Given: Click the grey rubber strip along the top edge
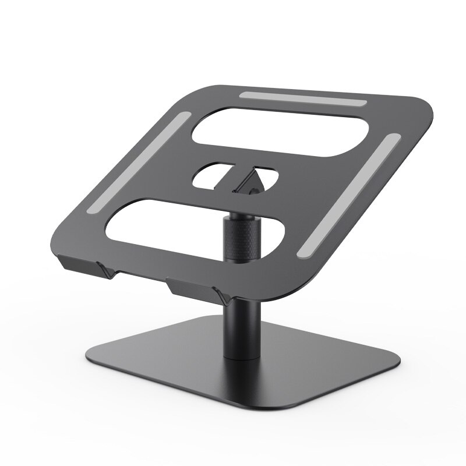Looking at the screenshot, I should [303, 98].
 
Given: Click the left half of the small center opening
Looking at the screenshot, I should [211, 175].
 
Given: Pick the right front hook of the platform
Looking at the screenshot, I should [192, 288].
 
